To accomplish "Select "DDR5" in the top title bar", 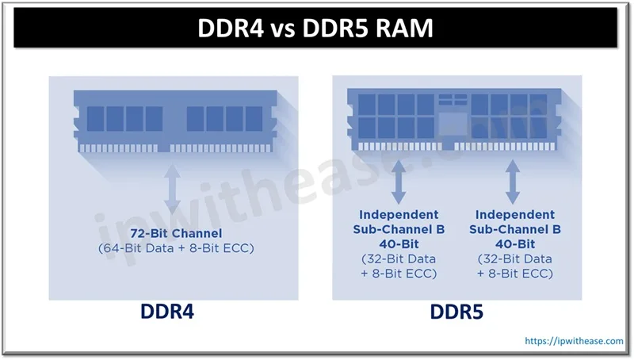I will click(x=364, y=29).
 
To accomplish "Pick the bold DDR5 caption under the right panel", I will click(x=456, y=313).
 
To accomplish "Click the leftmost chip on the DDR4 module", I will click(x=94, y=119).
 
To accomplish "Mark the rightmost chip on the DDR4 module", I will click(x=254, y=119).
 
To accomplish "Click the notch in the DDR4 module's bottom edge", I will click(x=164, y=147).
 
